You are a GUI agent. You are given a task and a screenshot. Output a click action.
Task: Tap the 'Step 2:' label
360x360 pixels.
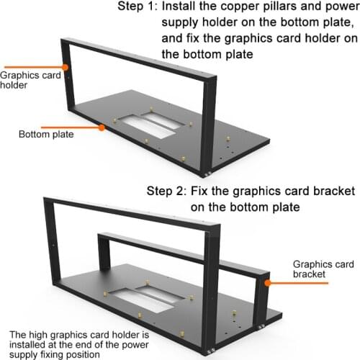(169, 192)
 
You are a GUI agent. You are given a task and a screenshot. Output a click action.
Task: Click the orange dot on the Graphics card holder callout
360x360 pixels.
(66, 67)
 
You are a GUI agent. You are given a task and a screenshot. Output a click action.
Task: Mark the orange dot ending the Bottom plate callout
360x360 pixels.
(103, 127)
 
